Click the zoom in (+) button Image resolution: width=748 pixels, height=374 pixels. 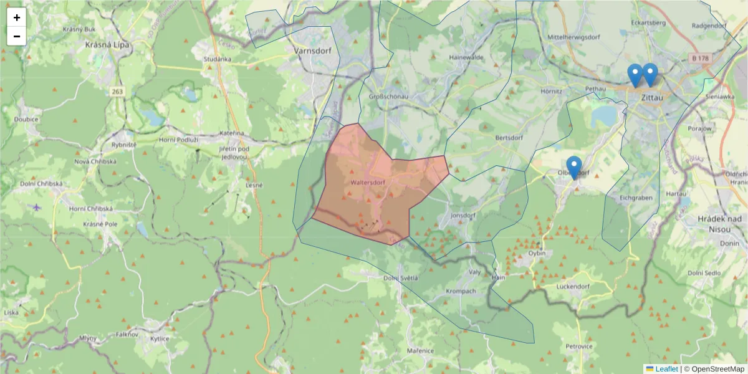17,17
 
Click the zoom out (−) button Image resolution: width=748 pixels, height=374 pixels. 17,36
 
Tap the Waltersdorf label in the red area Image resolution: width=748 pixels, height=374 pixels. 367,182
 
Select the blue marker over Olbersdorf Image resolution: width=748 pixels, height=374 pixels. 573,166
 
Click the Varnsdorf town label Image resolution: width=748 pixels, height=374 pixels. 312,52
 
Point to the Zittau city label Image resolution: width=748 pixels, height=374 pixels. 651,97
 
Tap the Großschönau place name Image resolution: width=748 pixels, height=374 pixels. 388,97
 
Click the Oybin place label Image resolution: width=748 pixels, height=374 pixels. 536,253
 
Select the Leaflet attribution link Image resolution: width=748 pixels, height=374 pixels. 666,369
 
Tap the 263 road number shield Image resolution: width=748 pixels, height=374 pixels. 117,92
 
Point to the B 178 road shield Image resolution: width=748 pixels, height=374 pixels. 700,58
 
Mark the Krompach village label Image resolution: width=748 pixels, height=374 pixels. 461,292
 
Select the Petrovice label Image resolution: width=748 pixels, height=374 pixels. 578,345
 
